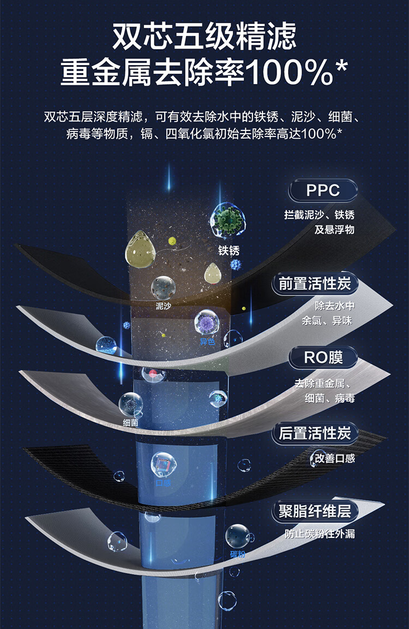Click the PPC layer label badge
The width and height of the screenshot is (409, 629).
click(x=323, y=190)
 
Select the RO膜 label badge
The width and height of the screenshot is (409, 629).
click(x=323, y=358)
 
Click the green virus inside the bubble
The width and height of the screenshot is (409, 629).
click(x=228, y=220)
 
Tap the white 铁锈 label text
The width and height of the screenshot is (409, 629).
click(x=228, y=251)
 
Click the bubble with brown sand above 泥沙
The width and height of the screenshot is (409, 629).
click(x=163, y=287)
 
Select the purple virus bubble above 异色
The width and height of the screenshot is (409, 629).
click(x=207, y=322)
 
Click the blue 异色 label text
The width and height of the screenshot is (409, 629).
click(x=207, y=342)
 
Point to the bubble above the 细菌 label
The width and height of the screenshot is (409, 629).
click(x=131, y=404)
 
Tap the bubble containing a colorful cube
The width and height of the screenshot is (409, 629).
click(x=164, y=464)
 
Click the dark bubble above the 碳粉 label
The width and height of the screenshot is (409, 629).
click(x=238, y=536)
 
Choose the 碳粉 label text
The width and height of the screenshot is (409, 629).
click(x=238, y=554)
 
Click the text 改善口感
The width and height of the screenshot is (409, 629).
click(x=333, y=458)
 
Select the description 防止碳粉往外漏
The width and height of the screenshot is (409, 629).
click(x=320, y=534)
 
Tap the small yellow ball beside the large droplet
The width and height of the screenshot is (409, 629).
click(x=173, y=241)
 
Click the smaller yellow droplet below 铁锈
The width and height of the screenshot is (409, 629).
click(x=212, y=273)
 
